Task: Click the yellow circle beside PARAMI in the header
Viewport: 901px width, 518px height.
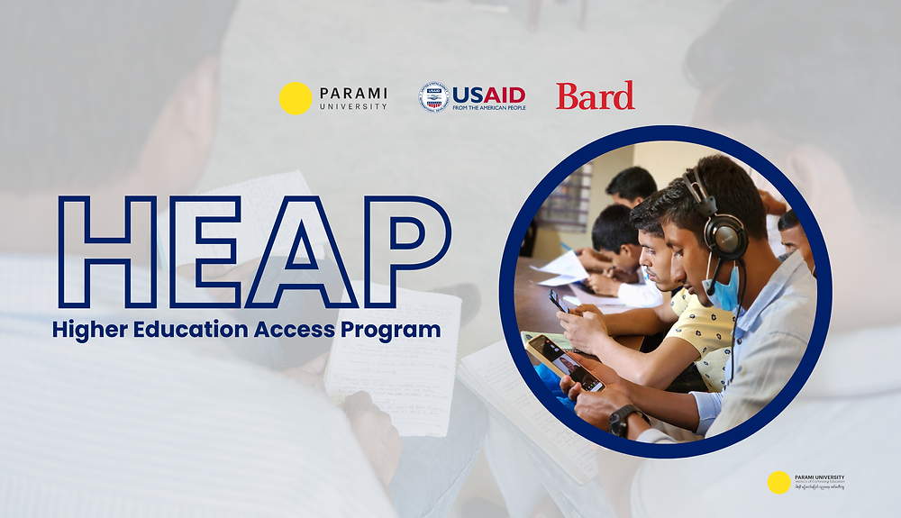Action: tap(296, 98)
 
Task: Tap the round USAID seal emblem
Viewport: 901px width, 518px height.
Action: tap(434, 97)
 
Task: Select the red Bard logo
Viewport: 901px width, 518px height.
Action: tap(595, 95)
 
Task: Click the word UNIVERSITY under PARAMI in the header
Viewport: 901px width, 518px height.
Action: tap(353, 106)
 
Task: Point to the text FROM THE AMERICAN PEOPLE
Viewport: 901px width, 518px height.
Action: tap(488, 107)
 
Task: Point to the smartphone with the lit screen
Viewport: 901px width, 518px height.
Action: tap(566, 362)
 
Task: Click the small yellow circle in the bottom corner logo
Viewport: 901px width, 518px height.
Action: tap(778, 482)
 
